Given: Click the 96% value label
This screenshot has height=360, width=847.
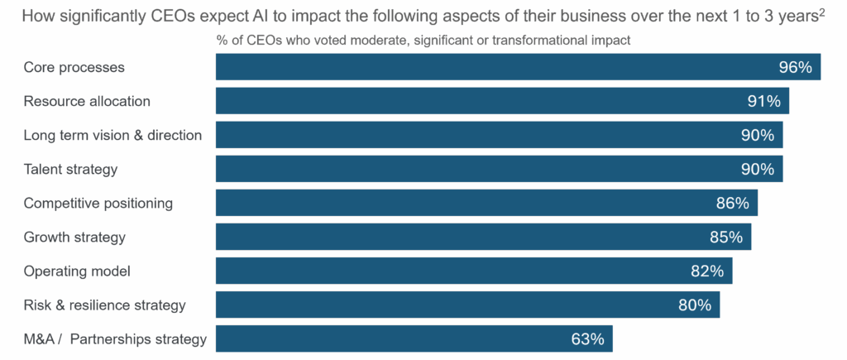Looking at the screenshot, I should (795, 68).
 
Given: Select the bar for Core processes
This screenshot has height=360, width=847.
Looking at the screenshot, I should (496, 68).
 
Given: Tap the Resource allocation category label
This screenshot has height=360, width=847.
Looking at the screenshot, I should (87, 102).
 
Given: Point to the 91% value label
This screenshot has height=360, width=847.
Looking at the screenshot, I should (763, 102).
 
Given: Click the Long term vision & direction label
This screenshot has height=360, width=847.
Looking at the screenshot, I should (112, 136).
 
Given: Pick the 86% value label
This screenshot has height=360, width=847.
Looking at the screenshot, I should (732, 204).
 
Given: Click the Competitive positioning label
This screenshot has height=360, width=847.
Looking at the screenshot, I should (98, 204).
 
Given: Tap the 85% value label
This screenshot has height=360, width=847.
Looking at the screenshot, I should (725, 238).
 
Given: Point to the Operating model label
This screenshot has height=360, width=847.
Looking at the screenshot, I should (77, 271).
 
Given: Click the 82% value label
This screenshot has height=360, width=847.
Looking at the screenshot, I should (707, 271).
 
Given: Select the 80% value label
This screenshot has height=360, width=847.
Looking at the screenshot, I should (695, 305).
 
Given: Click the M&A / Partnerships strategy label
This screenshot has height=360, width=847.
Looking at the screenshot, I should (115, 339).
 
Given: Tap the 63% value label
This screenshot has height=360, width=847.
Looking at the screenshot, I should (587, 339).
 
